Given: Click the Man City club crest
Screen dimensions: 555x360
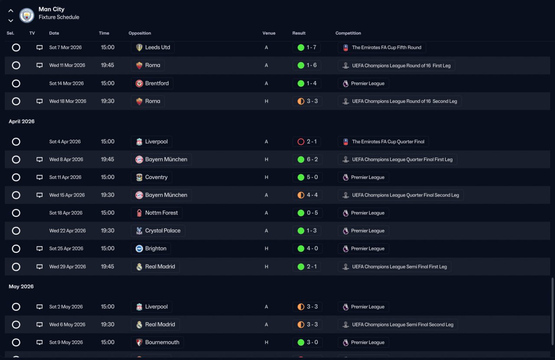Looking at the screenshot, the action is tap(27, 15).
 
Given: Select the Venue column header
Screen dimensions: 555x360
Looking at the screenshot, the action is tap(269, 33).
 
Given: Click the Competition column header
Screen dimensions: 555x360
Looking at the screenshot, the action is tap(348, 33).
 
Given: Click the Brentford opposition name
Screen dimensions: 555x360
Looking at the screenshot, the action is tap(157, 83).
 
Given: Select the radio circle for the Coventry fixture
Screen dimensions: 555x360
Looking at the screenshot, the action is tap(16, 177).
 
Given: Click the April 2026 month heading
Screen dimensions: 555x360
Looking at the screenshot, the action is tap(22, 121).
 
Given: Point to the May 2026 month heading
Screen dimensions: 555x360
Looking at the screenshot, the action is tap(21, 286).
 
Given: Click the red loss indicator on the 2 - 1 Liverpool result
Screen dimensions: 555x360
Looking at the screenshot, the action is tap(301, 141).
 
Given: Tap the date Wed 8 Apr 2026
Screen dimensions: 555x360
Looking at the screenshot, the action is tap(66, 160).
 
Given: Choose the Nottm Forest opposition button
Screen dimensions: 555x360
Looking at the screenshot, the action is tap(157, 213).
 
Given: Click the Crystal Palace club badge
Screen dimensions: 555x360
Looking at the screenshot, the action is tap(139, 231).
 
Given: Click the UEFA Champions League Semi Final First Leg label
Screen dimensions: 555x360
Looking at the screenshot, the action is tap(399, 266).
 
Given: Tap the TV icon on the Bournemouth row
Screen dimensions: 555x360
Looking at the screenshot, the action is tap(39, 342).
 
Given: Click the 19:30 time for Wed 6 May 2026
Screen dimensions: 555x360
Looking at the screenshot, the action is tap(108, 324).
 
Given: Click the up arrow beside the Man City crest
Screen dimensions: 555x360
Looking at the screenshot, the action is tap(11, 11).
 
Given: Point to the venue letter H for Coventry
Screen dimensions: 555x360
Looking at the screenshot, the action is tap(266, 177).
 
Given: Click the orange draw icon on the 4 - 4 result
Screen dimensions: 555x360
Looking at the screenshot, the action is tap(301, 195).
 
